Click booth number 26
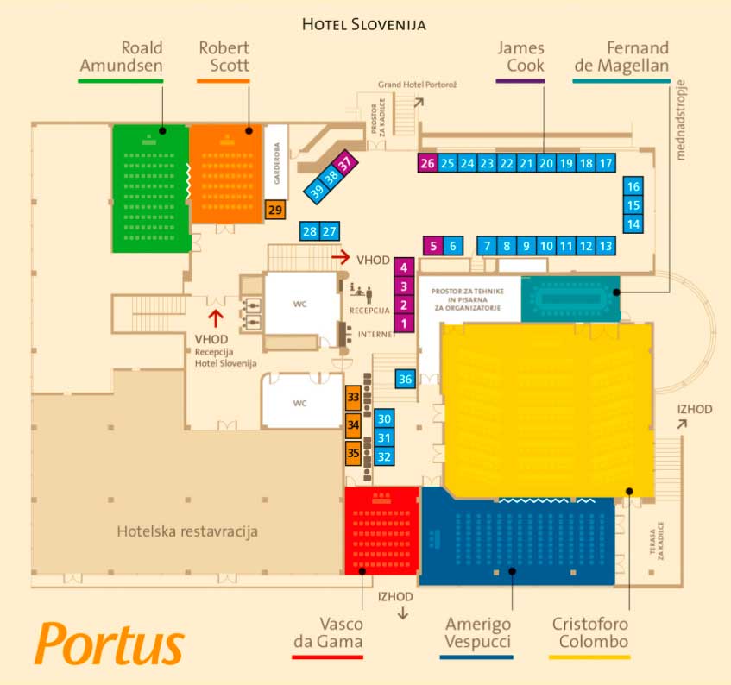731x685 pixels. tap(426, 163)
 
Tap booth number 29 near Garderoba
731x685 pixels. tap(275, 210)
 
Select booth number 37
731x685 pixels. tap(344, 162)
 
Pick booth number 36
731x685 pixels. tap(406, 379)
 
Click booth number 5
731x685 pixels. tap(433, 246)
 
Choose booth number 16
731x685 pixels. tap(633, 186)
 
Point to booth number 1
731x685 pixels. tap(403, 324)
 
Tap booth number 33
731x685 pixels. tap(353, 398)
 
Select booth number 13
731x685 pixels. tap(606, 246)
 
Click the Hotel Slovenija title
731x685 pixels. tap(364, 24)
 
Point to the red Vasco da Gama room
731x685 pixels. tap(381, 531)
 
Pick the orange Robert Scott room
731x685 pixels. tap(225, 173)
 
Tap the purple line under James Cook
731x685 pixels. tap(520, 81)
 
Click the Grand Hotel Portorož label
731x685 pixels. tap(410, 85)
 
